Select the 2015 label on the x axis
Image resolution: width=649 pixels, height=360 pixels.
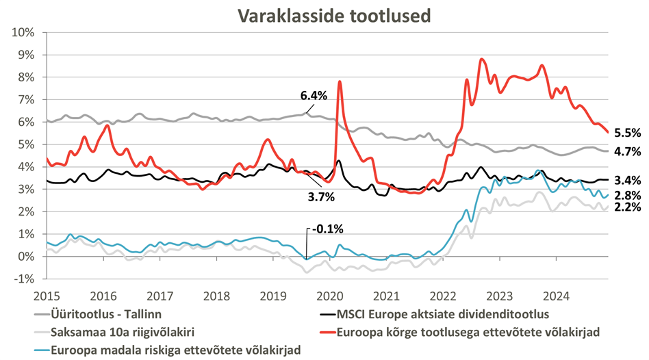46,296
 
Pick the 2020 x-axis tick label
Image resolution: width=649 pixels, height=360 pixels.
330,296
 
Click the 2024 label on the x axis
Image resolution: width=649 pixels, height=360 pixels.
557,296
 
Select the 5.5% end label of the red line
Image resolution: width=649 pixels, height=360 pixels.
628,134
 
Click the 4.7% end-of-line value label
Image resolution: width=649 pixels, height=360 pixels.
628,152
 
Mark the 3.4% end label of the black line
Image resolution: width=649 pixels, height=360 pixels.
628,181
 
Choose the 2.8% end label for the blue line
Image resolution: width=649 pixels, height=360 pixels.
628,196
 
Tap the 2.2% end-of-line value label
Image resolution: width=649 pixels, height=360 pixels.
628,207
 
